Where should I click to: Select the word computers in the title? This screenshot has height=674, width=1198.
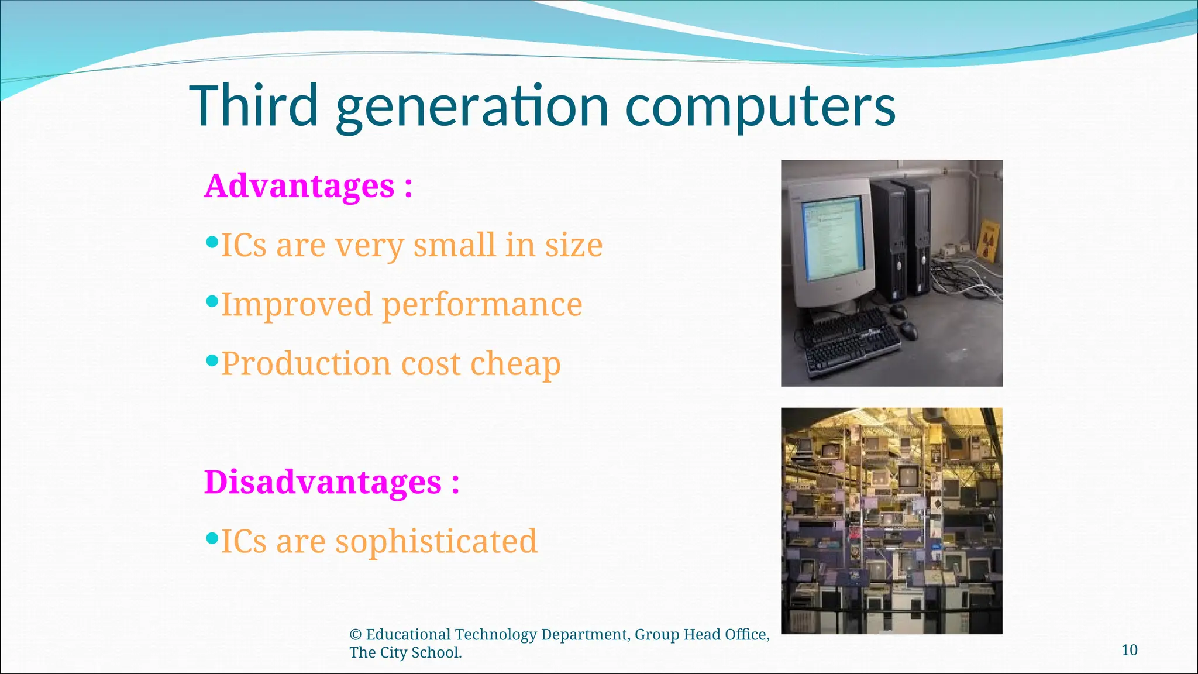[760, 107]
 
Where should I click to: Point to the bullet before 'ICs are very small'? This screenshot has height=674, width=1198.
[212, 241]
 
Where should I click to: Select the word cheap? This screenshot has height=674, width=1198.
[515, 364]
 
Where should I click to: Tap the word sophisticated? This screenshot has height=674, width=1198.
[436, 541]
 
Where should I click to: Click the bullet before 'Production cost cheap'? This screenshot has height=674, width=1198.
[212, 360]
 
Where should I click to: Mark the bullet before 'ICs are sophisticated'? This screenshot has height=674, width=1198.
[212, 537]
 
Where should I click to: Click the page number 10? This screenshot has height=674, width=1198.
[1129, 650]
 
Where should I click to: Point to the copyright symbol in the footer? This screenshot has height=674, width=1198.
[355, 635]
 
